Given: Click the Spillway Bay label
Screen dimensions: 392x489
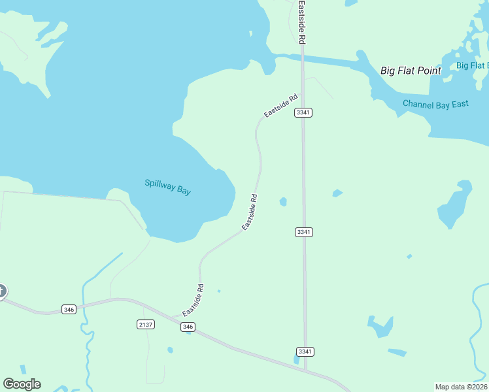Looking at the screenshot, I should pyautogui.click(x=167, y=187).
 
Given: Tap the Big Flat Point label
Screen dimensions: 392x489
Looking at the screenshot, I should pyautogui.click(x=411, y=71).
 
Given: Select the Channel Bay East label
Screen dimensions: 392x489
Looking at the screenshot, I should pyautogui.click(x=435, y=104).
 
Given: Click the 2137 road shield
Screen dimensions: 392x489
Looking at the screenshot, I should pyautogui.click(x=145, y=324).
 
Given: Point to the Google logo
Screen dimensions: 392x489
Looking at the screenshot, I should pyautogui.click(x=22, y=384).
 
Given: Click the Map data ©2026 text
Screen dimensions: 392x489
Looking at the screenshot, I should pyautogui.click(x=461, y=386).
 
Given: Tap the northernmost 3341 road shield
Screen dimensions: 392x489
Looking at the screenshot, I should pyautogui.click(x=303, y=112).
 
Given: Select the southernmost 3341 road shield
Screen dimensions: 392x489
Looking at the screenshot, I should pyautogui.click(x=305, y=351).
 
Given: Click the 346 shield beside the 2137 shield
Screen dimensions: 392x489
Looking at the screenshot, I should pyautogui.click(x=188, y=327).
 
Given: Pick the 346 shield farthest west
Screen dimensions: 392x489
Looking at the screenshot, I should pyautogui.click(x=69, y=309).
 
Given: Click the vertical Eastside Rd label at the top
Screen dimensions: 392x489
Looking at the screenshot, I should pyautogui.click(x=302, y=22).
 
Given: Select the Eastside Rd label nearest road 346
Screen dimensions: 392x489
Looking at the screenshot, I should pyautogui.click(x=194, y=301).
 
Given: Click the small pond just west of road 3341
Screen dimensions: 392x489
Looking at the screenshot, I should pyautogui.click(x=283, y=202).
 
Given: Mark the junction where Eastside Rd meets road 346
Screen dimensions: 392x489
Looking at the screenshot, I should pyautogui.click(x=175, y=317).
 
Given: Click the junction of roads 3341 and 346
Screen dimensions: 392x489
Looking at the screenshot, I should pyautogui.click(x=306, y=370).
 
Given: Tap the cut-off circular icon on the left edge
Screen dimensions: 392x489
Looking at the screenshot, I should pyautogui.click(x=2, y=291).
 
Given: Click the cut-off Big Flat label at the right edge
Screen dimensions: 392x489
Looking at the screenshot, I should pyautogui.click(x=472, y=65).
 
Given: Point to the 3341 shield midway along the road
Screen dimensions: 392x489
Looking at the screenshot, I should pyautogui.click(x=303, y=232).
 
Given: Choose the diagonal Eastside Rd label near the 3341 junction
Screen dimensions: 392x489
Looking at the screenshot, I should pyautogui.click(x=280, y=106).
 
